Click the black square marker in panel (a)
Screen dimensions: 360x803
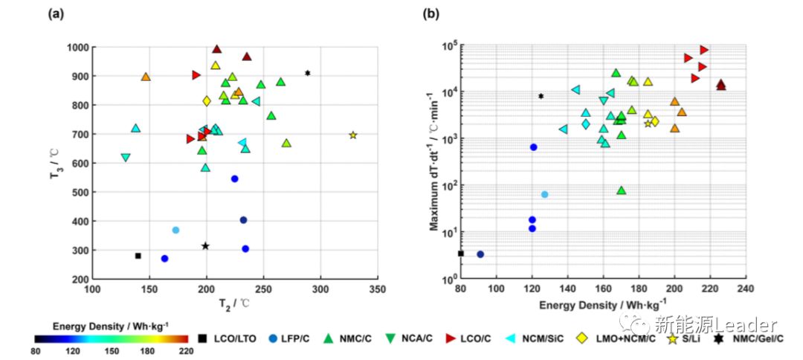pyautogui.click(x=138, y=256)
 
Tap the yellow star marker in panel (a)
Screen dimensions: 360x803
pyautogui.click(x=353, y=135)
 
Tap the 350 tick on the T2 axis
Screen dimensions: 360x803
pyautogui.click(x=378, y=289)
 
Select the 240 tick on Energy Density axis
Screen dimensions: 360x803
pyautogui.click(x=746, y=289)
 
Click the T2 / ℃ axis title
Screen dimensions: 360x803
pyautogui.click(x=235, y=303)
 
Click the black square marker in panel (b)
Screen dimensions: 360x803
pyautogui.click(x=461, y=254)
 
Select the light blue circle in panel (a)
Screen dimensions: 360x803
pyautogui.click(x=175, y=230)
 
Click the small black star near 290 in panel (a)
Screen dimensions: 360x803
pyautogui.click(x=307, y=73)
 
